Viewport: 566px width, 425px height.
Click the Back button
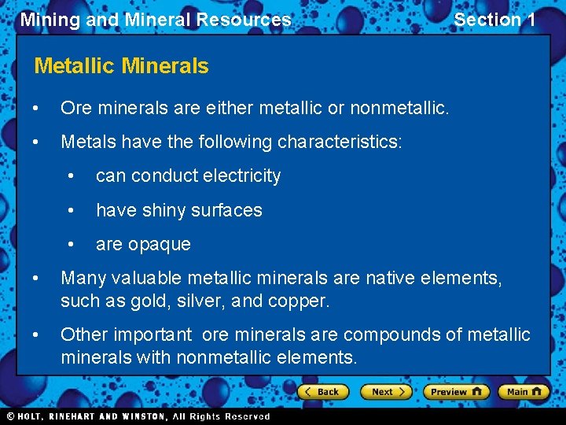321,391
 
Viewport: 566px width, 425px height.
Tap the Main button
524,391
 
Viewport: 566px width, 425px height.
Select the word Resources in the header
248,20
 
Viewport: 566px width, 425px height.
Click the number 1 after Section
530,20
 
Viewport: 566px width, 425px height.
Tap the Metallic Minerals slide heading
122,66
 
